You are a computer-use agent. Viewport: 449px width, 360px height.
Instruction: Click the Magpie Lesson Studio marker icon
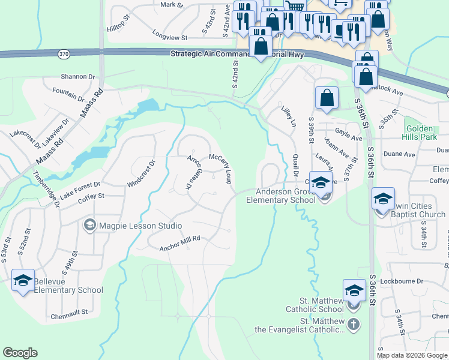coord(90,226)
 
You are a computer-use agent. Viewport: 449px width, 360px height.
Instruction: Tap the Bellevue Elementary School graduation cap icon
coord(23,280)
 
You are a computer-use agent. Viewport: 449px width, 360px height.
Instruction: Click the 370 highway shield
coord(64,54)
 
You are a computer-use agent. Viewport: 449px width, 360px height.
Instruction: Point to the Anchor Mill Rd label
coord(179,243)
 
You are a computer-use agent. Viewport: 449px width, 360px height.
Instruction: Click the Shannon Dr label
coord(78,77)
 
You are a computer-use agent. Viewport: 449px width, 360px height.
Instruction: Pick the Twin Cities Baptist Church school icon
coord(383,199)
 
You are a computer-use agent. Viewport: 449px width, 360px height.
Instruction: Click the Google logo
coord(20,353)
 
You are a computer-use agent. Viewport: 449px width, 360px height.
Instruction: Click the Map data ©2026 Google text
coord(412,355)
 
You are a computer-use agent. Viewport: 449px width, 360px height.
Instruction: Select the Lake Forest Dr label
coord(80,185)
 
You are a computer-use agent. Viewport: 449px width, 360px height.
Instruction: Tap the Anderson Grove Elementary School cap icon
coord(321,182)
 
